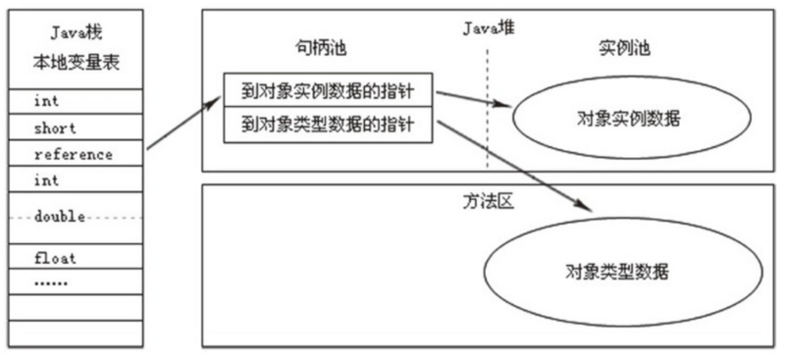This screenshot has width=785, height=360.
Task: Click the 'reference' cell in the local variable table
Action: pos(74,154)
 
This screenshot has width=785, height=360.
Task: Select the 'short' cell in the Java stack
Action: pos(74,128)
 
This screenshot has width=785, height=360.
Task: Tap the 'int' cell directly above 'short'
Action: pos(74,101)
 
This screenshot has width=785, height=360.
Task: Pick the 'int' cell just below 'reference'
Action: pos(74,180)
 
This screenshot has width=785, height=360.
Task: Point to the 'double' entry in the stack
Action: pos(74,217)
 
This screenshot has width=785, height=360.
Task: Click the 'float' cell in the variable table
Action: pos(74,258)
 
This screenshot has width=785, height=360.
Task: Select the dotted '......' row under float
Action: pos(74,283)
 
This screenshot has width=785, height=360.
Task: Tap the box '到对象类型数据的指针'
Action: pos(329,125)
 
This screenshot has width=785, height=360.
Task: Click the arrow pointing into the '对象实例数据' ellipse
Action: pos(473,100)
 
